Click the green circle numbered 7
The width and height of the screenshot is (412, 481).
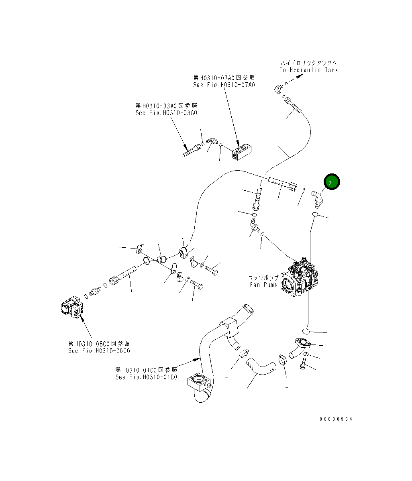click(x=332, y=182)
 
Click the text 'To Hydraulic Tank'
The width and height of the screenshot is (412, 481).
click(x=309, y=70)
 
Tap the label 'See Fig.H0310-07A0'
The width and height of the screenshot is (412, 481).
click(x=224, y=85)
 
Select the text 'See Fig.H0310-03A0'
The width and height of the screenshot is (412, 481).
click(x=166, y=113)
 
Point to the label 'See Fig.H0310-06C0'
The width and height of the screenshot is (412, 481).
click(x=99, y=351)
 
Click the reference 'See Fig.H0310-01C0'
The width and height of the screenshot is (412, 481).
click(x=146, y=377)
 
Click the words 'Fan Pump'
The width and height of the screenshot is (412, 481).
click(x=263, y=285)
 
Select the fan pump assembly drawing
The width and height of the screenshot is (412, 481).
click(x=297, y=277)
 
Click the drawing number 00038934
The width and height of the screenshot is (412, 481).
click(x=336, y=419)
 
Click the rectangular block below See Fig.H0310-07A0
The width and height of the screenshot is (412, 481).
click(x=242, y=153)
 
